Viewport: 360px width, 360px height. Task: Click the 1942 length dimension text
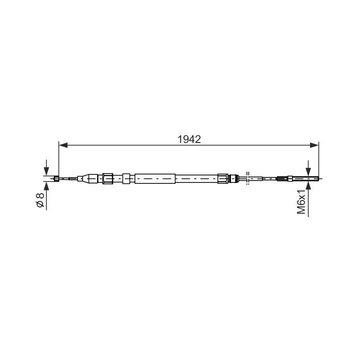click(x=189, y=139)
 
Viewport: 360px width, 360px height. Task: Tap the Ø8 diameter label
click(x=40, y=200)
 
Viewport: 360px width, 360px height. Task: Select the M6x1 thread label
click(x=301, y=202)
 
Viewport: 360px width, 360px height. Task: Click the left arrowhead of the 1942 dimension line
click(x=63, y=145)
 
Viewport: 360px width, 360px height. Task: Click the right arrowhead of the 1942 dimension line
click(x=314, y=145)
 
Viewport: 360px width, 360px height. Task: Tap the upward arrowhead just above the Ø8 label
click(x=46, y=186)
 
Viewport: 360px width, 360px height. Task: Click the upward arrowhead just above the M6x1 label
click(x=308, y=185)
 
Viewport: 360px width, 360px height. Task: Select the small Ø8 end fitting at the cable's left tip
click(x=56, y=178)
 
